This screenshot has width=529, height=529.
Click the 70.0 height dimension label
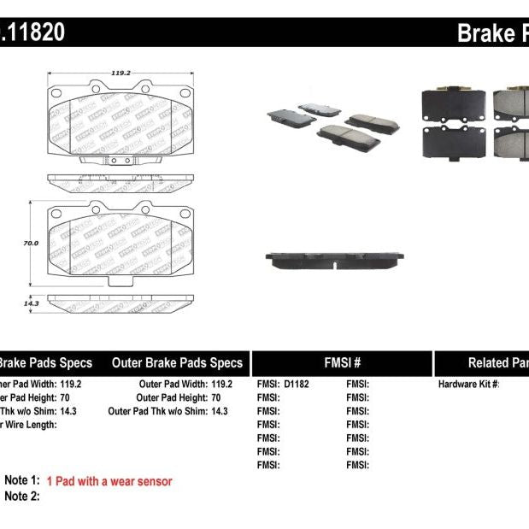point(31,244)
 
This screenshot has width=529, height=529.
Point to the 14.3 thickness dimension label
point(31,303)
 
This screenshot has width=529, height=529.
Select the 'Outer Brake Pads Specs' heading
point(177,363)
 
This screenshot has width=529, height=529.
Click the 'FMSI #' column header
point(342,363)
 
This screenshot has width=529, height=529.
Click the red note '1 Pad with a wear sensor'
point(109,482)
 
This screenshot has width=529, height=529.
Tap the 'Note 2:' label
point(22,497)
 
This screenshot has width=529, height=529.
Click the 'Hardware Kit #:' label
point(468,385)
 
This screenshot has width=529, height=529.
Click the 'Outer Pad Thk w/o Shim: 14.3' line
point(168,411)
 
